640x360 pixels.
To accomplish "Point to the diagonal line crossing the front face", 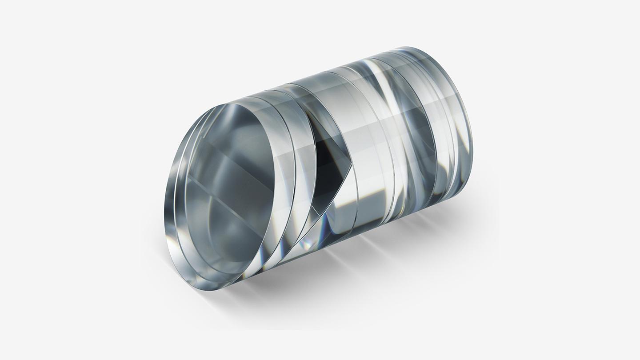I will pos(222,196).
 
